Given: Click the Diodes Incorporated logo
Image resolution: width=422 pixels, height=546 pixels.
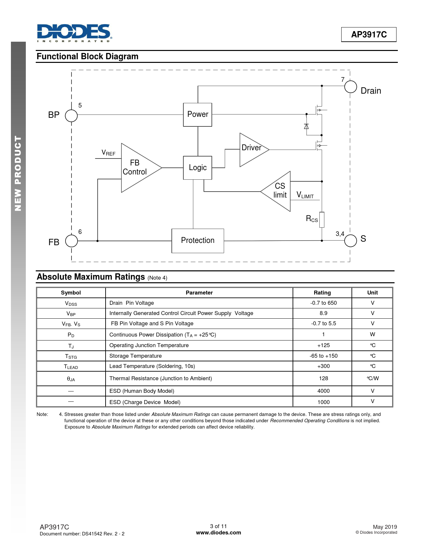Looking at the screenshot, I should [x=74, y=33].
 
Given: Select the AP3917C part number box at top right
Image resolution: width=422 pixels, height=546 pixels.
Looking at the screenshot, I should [x=368, y=34].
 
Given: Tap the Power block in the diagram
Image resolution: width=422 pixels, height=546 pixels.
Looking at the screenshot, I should [x=198, y=114].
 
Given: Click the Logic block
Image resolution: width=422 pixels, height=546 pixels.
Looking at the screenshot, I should [x=198, y=168].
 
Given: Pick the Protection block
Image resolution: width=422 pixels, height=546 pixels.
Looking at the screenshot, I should [x=198, y=241].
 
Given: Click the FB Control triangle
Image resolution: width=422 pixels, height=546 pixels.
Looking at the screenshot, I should [x=137, y=168].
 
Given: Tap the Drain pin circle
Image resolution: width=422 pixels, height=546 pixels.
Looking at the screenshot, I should [x=351, y=87].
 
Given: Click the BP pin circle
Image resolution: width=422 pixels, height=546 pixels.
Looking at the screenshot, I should [x=71, y=116].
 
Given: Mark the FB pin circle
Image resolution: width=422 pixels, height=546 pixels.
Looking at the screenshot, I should [x=71, y=241].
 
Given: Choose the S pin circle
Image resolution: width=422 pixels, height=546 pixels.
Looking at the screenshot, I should [x=351, y=241].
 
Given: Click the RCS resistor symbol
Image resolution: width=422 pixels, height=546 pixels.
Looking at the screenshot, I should [x=322, y=220].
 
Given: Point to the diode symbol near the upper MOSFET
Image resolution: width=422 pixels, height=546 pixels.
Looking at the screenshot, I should [x=306, y=126].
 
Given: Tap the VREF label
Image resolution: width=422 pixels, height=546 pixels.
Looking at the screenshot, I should [x=108, y=153].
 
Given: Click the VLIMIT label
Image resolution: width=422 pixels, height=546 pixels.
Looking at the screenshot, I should [x=305, y=195].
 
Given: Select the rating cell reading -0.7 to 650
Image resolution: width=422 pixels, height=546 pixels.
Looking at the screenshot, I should [x=323, y=303].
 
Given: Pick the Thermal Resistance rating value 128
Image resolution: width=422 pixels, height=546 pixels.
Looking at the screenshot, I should [x=323, y=378].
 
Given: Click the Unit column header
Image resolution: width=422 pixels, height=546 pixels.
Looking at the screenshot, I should [x=372, y=293].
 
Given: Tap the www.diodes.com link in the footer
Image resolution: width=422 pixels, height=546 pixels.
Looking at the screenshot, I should [x=218, y=532].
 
